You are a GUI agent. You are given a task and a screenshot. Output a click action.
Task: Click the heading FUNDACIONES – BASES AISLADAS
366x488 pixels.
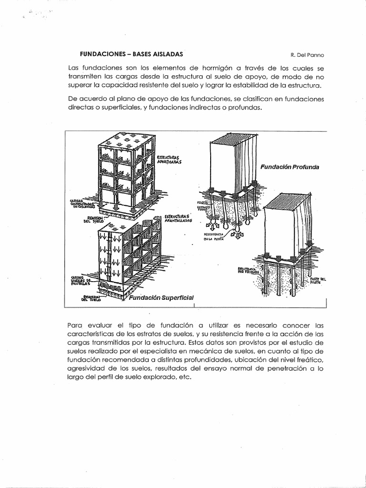(x=127, y=54)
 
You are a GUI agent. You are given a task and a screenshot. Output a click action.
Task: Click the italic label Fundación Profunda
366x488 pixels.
(x=289, y=167)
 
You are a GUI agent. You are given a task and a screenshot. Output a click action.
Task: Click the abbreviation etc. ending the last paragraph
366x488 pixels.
(x=183, y=376)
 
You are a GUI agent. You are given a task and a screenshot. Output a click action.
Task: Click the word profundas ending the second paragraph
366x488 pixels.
(x=246, y=108)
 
